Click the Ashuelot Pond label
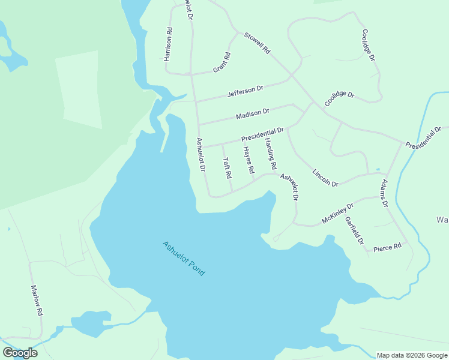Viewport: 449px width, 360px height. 184,259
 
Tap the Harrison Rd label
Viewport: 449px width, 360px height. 169,44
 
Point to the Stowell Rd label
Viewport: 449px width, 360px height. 257,44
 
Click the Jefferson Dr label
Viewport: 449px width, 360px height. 245,92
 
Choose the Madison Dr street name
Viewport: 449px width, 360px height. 253,113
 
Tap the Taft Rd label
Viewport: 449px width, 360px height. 227,169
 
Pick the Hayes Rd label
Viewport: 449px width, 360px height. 249,161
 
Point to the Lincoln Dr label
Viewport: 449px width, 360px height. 325,177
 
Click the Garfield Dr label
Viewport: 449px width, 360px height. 354,230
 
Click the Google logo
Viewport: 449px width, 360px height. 20,353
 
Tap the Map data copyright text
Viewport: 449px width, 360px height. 412,355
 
